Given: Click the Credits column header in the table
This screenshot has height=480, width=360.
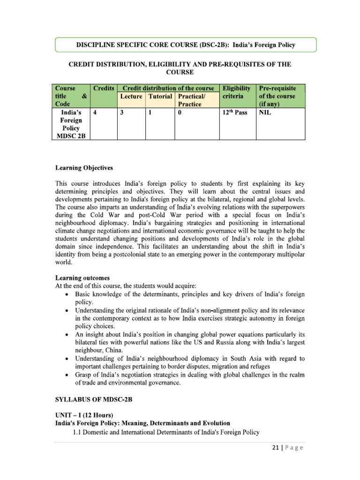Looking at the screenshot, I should pos(103,88).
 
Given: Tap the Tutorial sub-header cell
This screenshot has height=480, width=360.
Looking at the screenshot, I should pos(160,96).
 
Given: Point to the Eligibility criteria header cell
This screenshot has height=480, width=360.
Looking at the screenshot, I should pos(237,92).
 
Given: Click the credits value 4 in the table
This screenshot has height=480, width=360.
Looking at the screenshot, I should pos(95,113).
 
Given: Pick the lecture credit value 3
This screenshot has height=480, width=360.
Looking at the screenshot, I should pos(121,113).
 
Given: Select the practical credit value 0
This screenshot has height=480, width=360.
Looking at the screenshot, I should pos(180,113).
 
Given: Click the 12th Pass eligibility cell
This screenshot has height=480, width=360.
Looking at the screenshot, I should pos(235,113).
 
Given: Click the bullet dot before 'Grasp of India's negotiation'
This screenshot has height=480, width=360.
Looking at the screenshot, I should pos(68,375).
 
